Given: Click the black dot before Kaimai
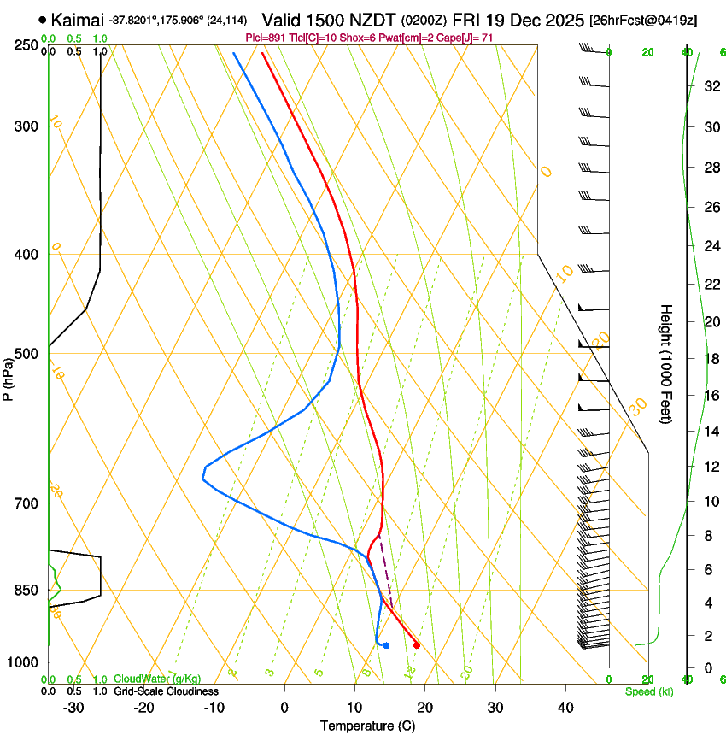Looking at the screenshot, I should coord(42,19).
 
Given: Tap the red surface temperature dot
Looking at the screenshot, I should coord(416,645).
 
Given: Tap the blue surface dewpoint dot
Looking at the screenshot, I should coord(386,645).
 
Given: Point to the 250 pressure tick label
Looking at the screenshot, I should coord(26,44).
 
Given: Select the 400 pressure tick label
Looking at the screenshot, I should coord(26,255).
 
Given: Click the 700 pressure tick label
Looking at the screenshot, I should coord(26,503).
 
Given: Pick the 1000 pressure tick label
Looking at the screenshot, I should coord(23,662).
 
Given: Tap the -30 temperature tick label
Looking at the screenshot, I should coord(73,707).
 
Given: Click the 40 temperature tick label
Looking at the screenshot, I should coord(565,707).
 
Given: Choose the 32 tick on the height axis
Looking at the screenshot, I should coord(709,86).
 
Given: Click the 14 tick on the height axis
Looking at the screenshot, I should coord(709,432).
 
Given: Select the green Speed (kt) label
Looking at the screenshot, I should coord(648,691).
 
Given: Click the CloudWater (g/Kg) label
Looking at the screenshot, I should coord(157,679).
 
